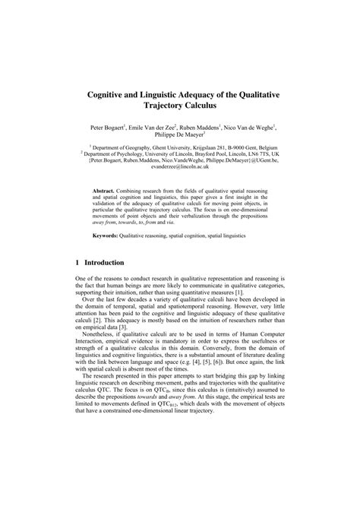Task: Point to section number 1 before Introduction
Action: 77,262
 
